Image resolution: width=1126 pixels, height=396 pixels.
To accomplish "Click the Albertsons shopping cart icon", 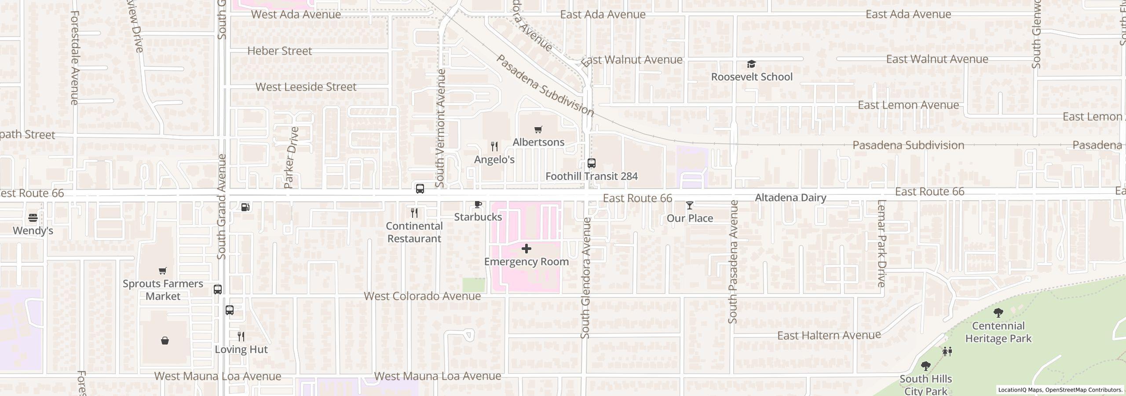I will click(538, 129).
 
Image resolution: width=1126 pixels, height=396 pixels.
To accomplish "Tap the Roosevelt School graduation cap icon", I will click(751, 64).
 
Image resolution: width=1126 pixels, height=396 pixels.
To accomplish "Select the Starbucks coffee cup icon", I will click(478, 204).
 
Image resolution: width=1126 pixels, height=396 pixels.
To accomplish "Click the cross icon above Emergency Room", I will click(526, 249).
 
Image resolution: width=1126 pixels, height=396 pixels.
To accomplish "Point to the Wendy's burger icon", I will click(33, 218).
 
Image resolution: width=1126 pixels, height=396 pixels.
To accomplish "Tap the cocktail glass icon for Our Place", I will click(689, 205).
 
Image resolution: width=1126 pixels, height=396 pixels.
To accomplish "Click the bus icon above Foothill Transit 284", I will click(592, 163).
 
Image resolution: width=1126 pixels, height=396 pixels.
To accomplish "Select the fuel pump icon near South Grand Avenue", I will click(245, 207).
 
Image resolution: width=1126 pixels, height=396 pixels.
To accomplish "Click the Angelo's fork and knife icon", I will click(494, 147).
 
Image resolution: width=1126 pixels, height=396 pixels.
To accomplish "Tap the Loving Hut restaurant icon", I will click(241, 337).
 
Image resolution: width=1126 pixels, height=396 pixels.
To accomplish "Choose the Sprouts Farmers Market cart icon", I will click(163, 271).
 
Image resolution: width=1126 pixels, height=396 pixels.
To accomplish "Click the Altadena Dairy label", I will click(790, 198).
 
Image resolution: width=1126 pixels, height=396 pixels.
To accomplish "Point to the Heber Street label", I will click(279, 51).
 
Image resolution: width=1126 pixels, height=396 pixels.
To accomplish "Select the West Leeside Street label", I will click(306, 87).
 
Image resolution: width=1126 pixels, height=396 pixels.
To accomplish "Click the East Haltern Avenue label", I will click(829, 336).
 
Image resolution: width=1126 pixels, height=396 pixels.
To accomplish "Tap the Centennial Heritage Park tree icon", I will click(998, 313).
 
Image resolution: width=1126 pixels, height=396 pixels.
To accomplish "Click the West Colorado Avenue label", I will click(422, 296).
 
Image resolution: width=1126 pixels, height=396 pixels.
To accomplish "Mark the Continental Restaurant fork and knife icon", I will click(414, 213).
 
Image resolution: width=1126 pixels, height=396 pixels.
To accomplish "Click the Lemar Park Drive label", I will click(881, 243).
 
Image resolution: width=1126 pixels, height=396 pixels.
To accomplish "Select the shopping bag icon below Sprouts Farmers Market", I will click(165, 341).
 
